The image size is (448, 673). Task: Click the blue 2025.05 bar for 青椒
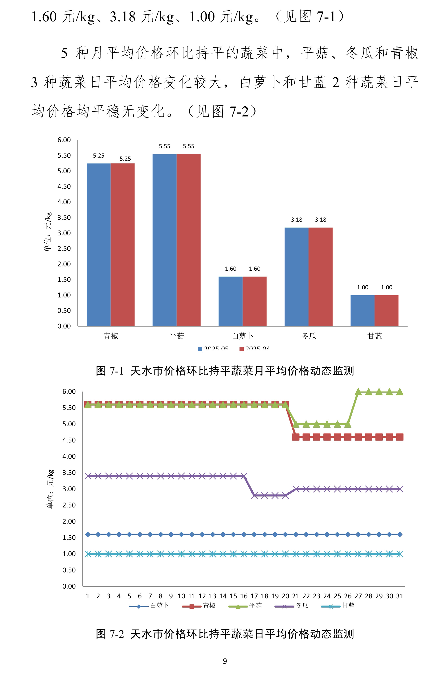99,245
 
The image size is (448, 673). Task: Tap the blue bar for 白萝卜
231,301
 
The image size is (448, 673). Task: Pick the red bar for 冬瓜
321,277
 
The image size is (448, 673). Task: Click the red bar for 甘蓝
386,311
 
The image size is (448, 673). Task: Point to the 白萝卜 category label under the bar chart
243,336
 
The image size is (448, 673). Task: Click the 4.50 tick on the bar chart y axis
64,186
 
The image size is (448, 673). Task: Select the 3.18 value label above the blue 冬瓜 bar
297,220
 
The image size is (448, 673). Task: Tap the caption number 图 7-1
110,371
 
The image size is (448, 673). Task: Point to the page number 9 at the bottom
225,661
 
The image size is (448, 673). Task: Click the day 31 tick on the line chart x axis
400,596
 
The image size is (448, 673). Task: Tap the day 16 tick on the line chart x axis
244,596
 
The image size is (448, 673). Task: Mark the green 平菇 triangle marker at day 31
400,392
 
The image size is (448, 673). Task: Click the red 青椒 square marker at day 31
400,437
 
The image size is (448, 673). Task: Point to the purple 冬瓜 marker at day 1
88,476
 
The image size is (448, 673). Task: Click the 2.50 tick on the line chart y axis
69,505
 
